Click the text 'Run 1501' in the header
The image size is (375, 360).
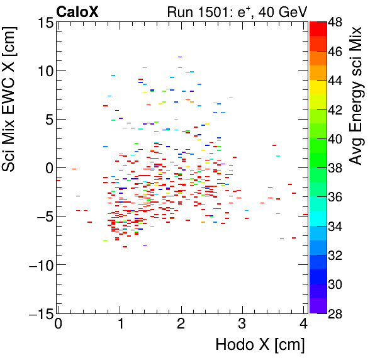click(x=193, y=11)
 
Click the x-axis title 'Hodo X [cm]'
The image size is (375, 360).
click(x=259, y=345)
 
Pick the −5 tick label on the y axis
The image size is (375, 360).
click(x=42, y=217)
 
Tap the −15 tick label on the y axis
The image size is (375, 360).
click(x=38, y=313)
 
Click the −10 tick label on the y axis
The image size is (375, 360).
click(x=38, y=265)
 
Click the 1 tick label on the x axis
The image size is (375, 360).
click(x=120, y=325)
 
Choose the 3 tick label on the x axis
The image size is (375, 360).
click(x=243, y=325)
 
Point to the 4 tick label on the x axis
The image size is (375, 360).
click(x=304, y=325)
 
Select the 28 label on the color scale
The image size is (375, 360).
click(x=336, y=313)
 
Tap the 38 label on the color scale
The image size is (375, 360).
click(x=336, y=168)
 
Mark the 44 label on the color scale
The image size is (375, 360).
click(x=336, y=81)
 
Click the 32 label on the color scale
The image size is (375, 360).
click(x=336, y=256)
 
